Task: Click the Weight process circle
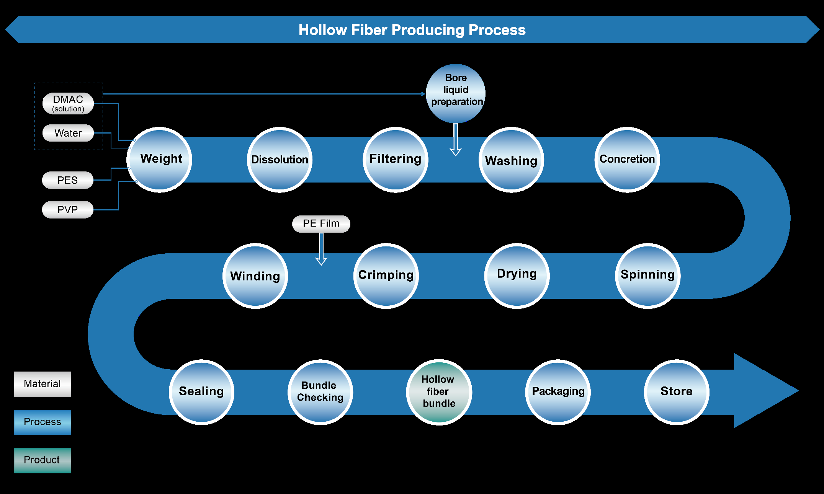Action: [x=160, y=160]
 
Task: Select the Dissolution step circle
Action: [x=280, y=160]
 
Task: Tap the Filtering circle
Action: [x=396, y=160]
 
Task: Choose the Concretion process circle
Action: [x=627, y=160]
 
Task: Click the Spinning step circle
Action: [x=647, y=276]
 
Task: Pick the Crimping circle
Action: [x=386, y=276]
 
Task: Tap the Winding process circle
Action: [x=255, y=276]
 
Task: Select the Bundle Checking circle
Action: [x=320, y=392]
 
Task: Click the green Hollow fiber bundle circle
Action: [x=439, y=392]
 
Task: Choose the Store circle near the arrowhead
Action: [x=676, y=392]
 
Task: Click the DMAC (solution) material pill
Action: [x=68, y=103]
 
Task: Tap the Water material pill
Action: [x=68, y=133]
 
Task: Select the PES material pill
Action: [x=68, y=180]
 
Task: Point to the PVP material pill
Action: [x=68, y=210]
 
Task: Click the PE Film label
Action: [x=321, y=224]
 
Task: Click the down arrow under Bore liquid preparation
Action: [x=456, y=140]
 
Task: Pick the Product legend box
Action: [x=43, y=460]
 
